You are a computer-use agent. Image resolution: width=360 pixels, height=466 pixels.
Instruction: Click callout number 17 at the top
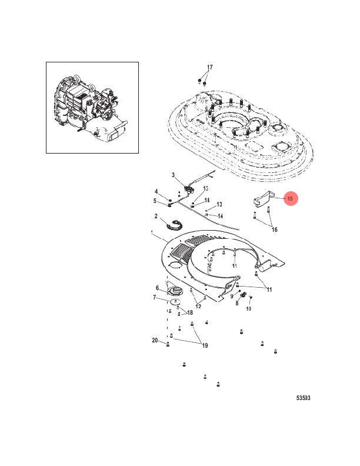[x=209, y=67]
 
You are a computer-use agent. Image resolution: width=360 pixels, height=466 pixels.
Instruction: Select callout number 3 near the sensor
[x=174, y=175]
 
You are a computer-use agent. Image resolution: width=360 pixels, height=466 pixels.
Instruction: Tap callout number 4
[x=156, y=192]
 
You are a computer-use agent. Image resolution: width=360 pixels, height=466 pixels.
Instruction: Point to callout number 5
[x=156, y=202]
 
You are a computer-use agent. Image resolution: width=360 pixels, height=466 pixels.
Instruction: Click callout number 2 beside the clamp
[x=156, y=217]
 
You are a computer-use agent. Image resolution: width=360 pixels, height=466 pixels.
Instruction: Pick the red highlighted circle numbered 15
[x=289, y=199]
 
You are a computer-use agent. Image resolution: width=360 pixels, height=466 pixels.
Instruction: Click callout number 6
[x=157, y=288]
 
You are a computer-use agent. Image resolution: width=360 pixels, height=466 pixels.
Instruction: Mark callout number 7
[x=155, y=298]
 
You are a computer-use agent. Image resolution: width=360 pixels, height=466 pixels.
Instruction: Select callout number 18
[x=190, y=312]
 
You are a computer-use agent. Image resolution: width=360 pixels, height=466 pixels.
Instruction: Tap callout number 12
[x=198, y=306]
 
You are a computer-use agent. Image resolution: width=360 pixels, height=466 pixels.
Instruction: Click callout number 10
[x=248, y=308]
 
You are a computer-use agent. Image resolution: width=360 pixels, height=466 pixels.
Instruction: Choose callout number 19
[x=205, y=345]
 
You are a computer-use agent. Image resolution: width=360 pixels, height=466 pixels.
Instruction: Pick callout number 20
[x=155, y=341]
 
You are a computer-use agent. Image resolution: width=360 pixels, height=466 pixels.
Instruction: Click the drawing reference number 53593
[x=303, y=398]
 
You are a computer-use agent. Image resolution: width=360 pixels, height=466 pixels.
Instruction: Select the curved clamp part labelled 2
[x=174, y=224]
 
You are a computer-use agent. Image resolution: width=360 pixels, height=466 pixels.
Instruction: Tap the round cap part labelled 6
[x=174, y=291]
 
